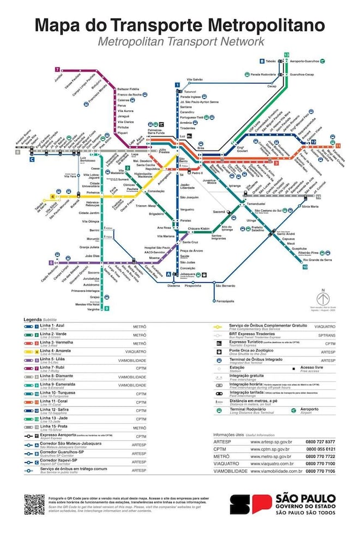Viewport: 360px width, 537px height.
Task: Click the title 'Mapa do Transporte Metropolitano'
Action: (180, 25)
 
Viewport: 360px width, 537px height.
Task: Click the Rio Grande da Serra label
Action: (318, 260)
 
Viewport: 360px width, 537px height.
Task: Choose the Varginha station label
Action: (94, 309)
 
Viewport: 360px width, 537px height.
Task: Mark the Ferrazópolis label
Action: (225, 301)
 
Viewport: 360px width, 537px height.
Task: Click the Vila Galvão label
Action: (195, 79)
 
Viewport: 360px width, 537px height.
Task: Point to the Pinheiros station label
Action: (92, 193)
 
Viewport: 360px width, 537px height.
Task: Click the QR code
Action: (34, 505)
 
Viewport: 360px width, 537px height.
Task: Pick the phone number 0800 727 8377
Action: (320, 441)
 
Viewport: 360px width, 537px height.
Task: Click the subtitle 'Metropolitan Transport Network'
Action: (181, 41)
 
